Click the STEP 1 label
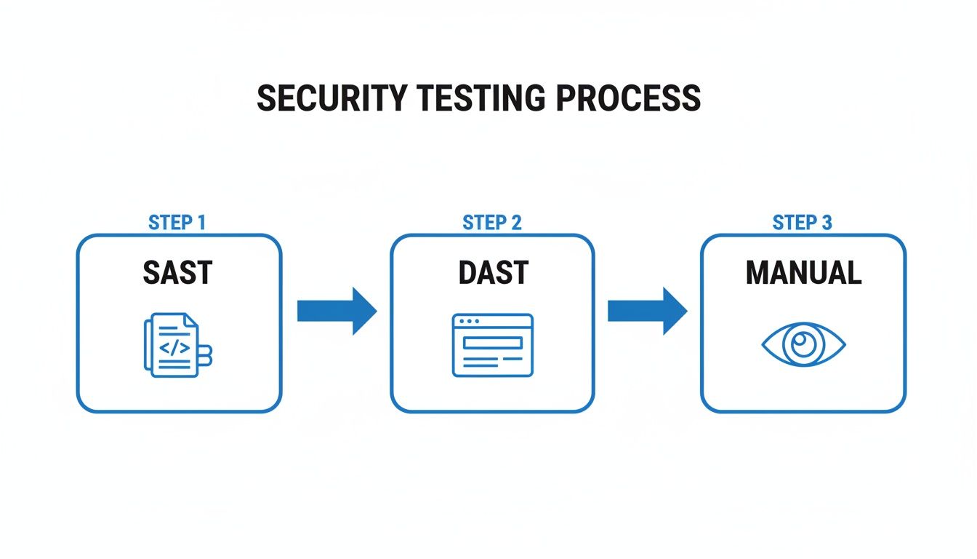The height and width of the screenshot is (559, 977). [177, 223]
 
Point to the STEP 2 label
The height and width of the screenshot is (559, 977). [492, 223]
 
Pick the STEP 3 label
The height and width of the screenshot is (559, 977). [802, 223]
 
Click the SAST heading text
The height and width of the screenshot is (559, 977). [177, 273]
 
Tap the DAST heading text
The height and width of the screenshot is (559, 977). [493, 273]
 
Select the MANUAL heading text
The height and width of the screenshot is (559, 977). [803, 273]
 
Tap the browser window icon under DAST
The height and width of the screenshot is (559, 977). [492, 345]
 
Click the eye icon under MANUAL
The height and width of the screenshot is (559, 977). [803, 345]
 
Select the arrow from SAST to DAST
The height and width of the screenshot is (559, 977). [337, 311]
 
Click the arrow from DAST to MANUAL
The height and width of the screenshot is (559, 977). [647, 311]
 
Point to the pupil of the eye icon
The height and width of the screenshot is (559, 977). [803, 344]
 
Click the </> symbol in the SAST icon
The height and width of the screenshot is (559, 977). [174, 347]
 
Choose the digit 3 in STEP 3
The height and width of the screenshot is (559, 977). [826, 223]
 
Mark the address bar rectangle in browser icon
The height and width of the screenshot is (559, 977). [493, 341]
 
